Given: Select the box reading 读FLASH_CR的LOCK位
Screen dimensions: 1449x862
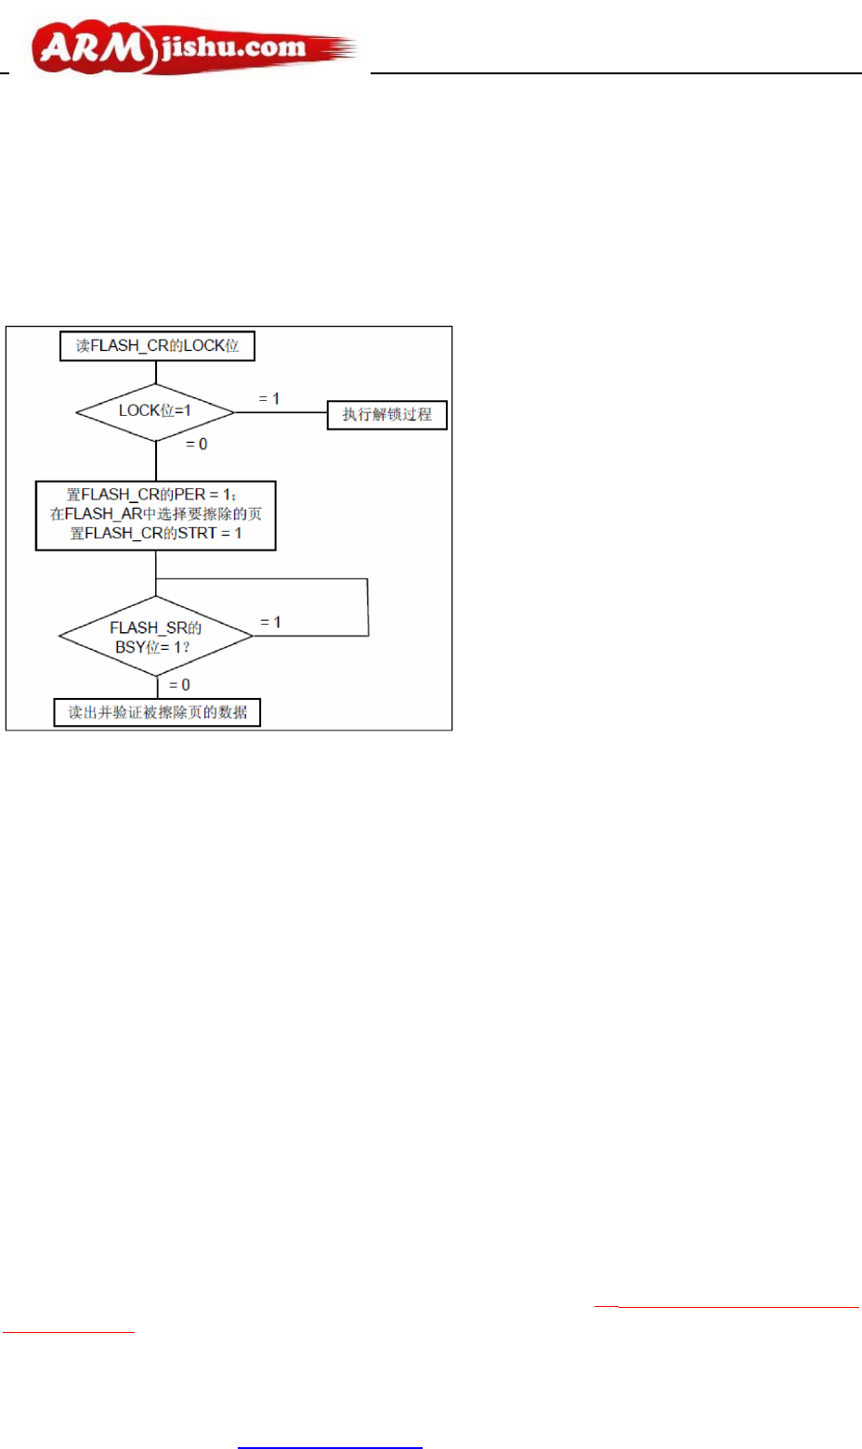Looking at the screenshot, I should coord(157,346).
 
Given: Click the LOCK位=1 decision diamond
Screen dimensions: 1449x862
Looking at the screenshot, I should coord(155,411).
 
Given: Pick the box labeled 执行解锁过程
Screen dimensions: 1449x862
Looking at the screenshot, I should coord(387,414).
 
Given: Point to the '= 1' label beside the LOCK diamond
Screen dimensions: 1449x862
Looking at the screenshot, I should coord(269,399).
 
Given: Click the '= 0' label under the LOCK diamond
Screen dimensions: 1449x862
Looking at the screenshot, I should coord(197,445).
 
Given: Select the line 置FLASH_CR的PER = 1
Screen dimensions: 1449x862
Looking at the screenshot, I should coord(151,495).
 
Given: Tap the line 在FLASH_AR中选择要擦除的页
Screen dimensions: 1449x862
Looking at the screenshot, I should coord(156,514).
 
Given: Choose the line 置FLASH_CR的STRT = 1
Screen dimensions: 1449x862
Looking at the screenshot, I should coord(156,534).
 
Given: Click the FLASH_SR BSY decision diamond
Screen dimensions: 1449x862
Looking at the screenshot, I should coord(156,637).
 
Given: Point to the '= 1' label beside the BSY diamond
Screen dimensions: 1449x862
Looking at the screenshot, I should coord(270,623).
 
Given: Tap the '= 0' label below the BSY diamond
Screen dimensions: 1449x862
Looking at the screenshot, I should coord(180,685).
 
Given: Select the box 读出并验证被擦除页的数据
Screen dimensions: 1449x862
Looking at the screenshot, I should coord(157,713).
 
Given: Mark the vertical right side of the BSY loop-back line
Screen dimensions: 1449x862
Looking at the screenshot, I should coord(369,608).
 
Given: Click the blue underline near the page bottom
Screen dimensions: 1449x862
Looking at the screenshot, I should coord(330,1447).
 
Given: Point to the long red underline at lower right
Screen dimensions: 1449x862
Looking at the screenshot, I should coord(738,1307).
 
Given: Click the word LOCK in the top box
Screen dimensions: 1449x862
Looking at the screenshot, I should coord(204,346).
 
